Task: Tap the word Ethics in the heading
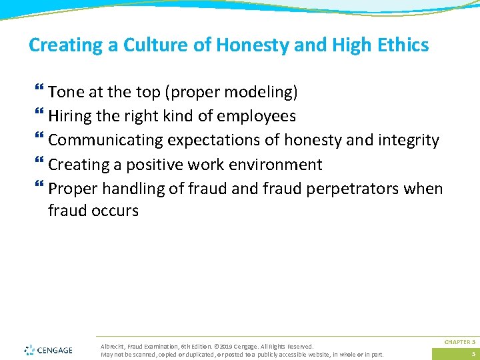(x=401, y=45)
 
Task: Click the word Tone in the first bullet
(x=65, y=91)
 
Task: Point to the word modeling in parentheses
(x=260, y=91)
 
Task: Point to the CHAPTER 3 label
(x=459, y=341)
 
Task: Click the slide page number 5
(x=473, y=354)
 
